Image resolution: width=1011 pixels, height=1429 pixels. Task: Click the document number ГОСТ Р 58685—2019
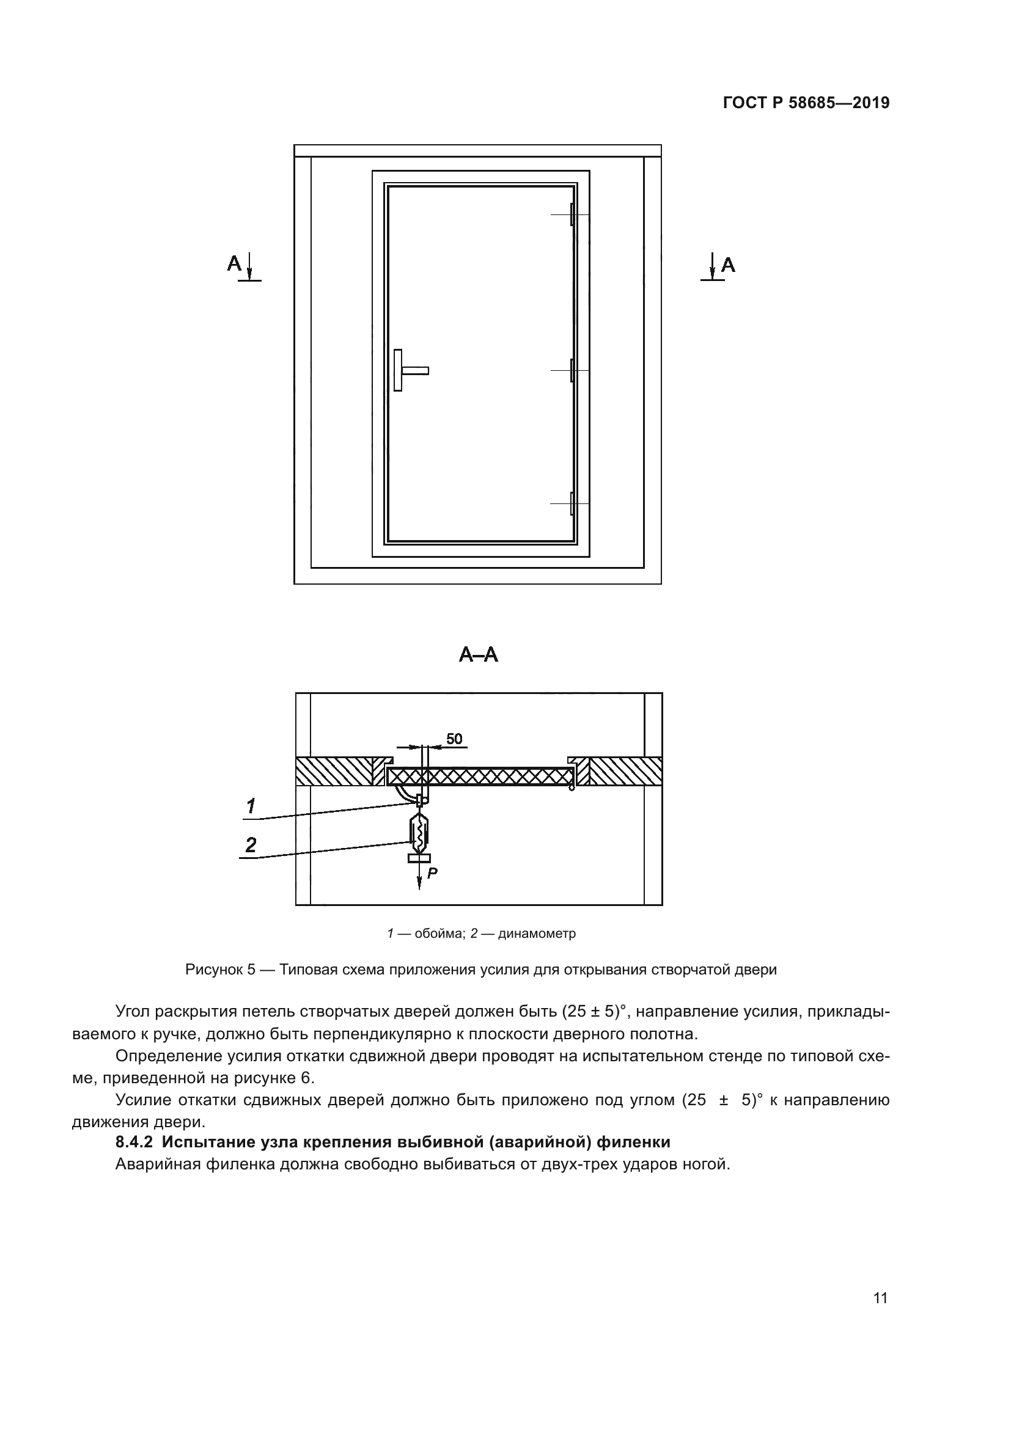point(806,103)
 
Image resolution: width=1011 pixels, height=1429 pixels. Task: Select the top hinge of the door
point(572,214)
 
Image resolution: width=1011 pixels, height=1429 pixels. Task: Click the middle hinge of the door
point(572,370)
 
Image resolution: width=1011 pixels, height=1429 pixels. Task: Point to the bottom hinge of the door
point(572,503)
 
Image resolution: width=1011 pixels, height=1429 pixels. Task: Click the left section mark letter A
point(234,264)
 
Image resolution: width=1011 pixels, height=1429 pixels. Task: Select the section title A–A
point(478,655)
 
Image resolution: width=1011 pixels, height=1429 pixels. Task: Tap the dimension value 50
point(454,739)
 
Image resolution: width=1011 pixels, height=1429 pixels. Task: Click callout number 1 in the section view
point(250,806)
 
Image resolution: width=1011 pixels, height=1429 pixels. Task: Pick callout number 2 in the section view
point(250,845)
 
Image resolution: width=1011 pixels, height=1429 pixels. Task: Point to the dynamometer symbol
point(419,835)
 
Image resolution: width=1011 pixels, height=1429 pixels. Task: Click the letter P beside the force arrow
point(433,873)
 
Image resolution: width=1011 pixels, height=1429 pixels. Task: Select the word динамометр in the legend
point(537,934)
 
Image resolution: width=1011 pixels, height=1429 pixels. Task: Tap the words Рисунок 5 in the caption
point(221,970)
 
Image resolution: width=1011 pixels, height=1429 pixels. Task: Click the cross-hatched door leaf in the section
point(479,776)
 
